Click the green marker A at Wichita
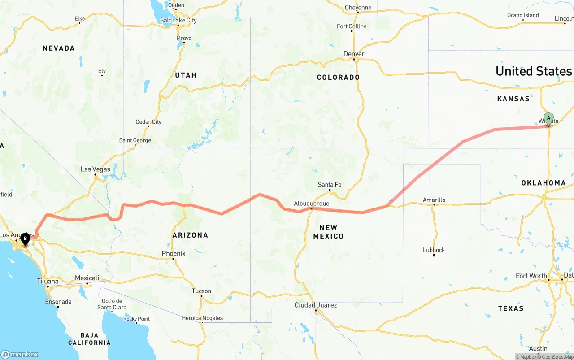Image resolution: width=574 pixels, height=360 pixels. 548,119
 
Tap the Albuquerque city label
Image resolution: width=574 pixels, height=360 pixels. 311,204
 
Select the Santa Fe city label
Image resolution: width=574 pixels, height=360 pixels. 330,185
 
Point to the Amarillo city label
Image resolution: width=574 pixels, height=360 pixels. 434,200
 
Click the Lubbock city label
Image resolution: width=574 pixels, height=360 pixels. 434,250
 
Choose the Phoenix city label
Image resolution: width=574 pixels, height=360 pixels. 174,253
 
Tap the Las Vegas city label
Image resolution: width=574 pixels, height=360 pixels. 95,169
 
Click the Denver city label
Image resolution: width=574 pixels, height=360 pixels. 354,54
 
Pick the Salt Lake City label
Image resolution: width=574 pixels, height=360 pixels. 178,20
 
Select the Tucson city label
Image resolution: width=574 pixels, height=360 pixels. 201,291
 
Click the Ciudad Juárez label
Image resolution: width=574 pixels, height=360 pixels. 316,305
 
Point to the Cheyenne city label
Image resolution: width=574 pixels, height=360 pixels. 358,7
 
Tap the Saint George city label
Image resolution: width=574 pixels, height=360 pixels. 135,140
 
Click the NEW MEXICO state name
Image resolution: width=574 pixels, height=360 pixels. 328,232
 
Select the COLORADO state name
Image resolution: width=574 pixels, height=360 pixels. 338,77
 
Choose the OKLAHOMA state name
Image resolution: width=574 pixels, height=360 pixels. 544,183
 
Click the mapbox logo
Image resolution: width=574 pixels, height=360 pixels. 20,354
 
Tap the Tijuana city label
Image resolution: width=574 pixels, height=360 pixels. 48,282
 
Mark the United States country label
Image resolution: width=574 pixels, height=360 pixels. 534,71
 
